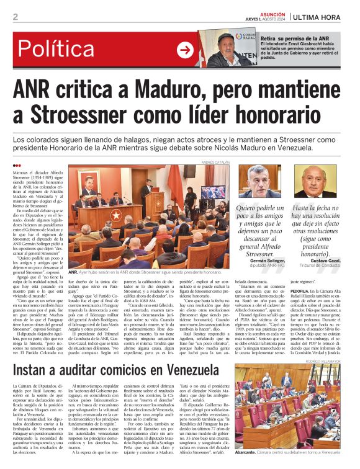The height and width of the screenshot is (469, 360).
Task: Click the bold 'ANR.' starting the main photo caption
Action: [73, 272]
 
